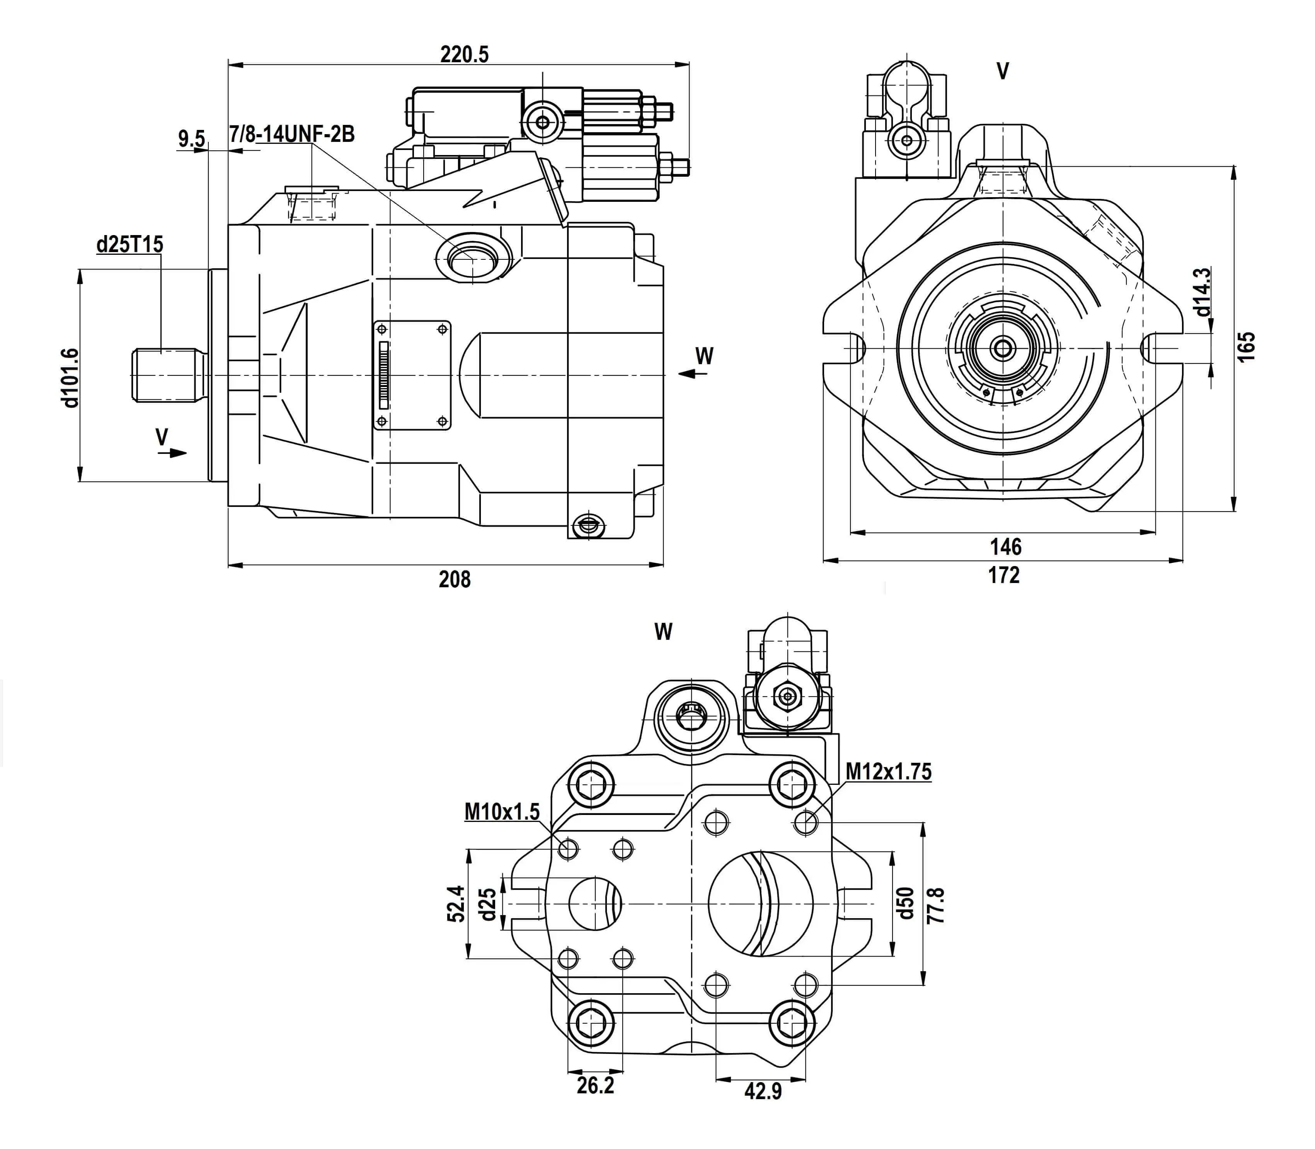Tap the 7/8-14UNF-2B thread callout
292,134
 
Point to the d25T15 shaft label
129,244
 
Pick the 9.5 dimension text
191,138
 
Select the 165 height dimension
1246,346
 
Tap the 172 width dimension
1003,575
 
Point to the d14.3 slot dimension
1203,292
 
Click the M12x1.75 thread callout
888,771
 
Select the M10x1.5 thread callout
502,812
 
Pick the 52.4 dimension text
455,904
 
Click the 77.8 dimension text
936,905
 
